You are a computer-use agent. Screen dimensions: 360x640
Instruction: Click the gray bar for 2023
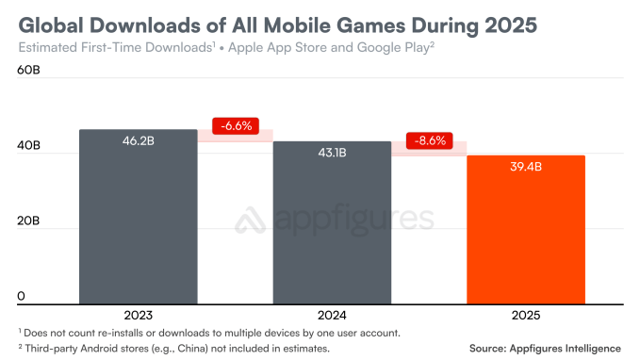click(x=138, y=217)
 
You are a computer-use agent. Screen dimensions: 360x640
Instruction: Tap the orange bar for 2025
click(x=527, y=231)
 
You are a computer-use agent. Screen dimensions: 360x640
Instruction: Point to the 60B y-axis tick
click(x=28, y=71)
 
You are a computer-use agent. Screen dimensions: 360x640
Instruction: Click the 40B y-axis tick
click(x=28, y=146)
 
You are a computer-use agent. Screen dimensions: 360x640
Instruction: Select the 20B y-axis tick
click(x=28, y=221)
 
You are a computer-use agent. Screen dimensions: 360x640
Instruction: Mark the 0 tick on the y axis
click(x=20, y=297)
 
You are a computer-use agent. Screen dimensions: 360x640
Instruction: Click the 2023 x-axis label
click(x=138, y=316)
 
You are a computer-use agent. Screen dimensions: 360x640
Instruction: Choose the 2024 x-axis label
click(x=333, y=316)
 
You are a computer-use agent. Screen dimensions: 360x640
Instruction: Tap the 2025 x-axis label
click(x=527, y=316)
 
